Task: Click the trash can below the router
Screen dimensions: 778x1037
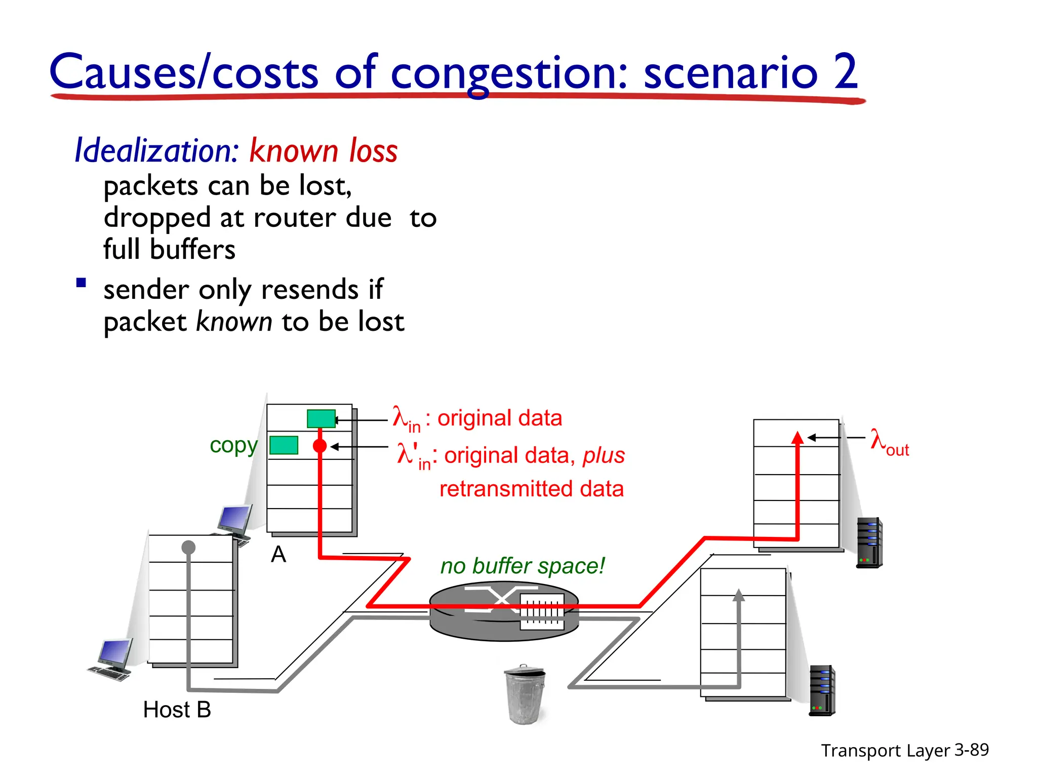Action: (x=525, y=694)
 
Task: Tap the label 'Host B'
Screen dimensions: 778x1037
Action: (x=177, y=710)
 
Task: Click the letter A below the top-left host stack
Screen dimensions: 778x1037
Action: (x=278, y=555)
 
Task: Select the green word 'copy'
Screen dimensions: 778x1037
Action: (x=233, y=445)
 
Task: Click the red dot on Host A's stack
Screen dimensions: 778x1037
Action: (x=320, y=446)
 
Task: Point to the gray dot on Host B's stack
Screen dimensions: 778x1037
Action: (x=188, y=547)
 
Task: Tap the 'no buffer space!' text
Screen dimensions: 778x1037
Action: (x=522, y=566)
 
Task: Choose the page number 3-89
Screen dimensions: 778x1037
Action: (x=971, y=750)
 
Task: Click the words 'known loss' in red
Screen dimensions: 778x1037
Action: (x=324, y=151)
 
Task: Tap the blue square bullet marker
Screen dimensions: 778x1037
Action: (x=81, y=283)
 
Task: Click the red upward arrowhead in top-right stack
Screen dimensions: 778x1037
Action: (x=797, y=438)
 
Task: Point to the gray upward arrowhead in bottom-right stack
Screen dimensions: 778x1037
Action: (x=739, y=595)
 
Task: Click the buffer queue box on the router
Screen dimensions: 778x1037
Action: (x=542, y=611)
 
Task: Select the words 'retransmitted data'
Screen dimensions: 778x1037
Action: (x=531, y=489)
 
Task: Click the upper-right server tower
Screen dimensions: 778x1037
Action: (x=869, y=542)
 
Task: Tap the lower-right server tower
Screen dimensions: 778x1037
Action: (x=822, y=690)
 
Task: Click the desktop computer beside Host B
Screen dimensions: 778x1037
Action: (x=112, y=659)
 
